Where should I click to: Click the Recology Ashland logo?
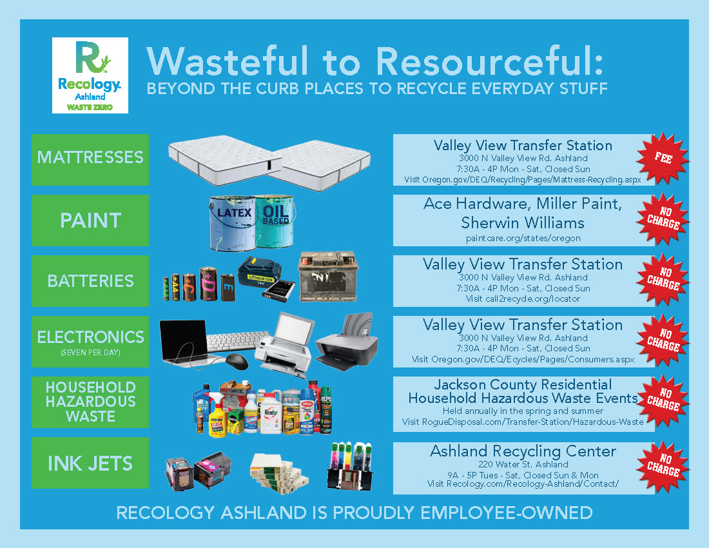pyautogui.click(x=90, y=75)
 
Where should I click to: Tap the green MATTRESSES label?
pyautogui.click(x=90, y=160)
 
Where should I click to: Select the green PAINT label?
pyautogui.click(x=90, y=220)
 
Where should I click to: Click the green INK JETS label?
pyautogui.click(x=90, y=462)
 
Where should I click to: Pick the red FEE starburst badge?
pyautogui.click(x=663, y=158)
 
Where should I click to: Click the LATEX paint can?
pyautogui.click(x=233, y=223)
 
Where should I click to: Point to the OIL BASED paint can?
pyautogui.click(x=275, y=221)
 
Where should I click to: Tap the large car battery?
pyautogui.click(x=328, y=277)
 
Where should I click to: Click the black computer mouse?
pyautogui.click(x=237, y=361)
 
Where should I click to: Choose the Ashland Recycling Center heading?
pyautogui.click(x=523, y=451)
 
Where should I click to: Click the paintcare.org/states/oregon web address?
pyautogui.click(x=523, y=239)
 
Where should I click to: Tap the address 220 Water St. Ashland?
pyautogui.click(x=523, y=464)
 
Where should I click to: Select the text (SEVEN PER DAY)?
pyautogui.click(x=90, y=352)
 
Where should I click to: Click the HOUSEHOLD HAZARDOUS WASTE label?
pyautogui.click(x=90, y=402)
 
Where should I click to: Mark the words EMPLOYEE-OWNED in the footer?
pyautogui.click(x=507, y=513)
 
